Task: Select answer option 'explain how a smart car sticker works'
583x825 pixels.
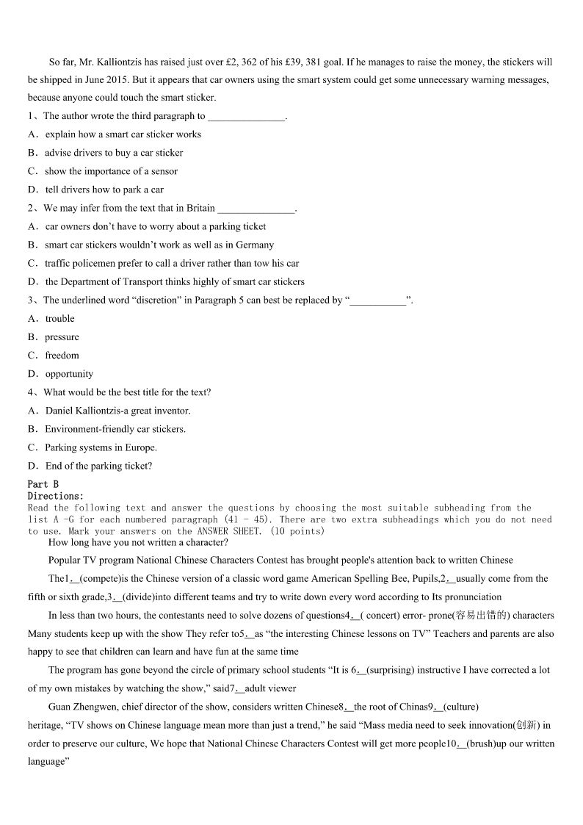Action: (123, 134)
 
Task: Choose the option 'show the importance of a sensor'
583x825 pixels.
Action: (111, 171)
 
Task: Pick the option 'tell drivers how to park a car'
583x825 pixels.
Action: (104, 190)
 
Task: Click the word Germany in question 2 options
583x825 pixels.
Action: (254, 245)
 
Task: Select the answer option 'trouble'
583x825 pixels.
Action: (59, 318)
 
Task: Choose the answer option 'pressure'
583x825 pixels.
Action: (62, 336)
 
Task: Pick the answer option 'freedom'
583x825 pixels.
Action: (62, 355)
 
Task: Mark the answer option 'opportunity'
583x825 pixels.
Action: (69, 373)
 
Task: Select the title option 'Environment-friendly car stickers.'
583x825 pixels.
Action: (115, 429)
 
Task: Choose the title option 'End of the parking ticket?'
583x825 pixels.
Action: (98, 466)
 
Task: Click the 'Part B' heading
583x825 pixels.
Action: (43, 484)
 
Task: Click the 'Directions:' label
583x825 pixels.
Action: (56, 496)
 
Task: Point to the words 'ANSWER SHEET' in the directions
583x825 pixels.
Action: (228, 531)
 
